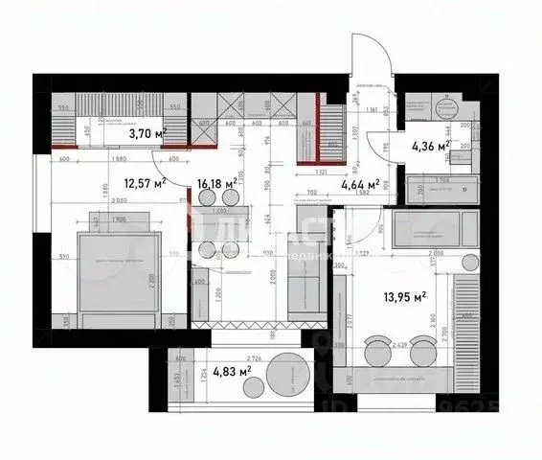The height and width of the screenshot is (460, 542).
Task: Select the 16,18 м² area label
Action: click(216, 181)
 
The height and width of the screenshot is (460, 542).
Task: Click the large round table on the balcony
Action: click(286, 373)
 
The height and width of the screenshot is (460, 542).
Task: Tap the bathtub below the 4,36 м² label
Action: click(438, 189)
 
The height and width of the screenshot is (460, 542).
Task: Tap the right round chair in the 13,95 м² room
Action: click(421, 352)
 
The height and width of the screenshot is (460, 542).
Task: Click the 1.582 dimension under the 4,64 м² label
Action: click(361, 193)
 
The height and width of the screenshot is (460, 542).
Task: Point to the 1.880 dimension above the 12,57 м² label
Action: click(121, 162)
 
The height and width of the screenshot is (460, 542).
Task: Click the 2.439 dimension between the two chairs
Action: click(399, 346)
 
